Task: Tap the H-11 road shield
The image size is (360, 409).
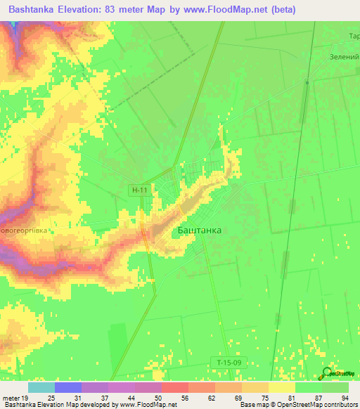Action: [139, 190]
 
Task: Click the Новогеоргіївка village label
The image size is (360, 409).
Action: [27, 230]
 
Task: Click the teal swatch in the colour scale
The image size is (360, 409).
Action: [41, 387]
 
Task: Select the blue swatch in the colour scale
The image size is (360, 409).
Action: [67, 387]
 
